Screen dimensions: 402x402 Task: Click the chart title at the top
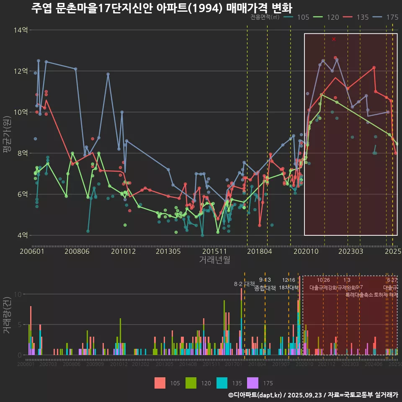[162, 8]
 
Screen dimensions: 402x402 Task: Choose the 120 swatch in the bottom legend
[191, 383]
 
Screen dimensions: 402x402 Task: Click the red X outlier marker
[334, 39]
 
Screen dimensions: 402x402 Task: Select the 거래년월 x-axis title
[214, 260]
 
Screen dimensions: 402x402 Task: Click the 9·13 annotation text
[265, 280]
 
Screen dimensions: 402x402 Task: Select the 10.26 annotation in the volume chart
[323, 280]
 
